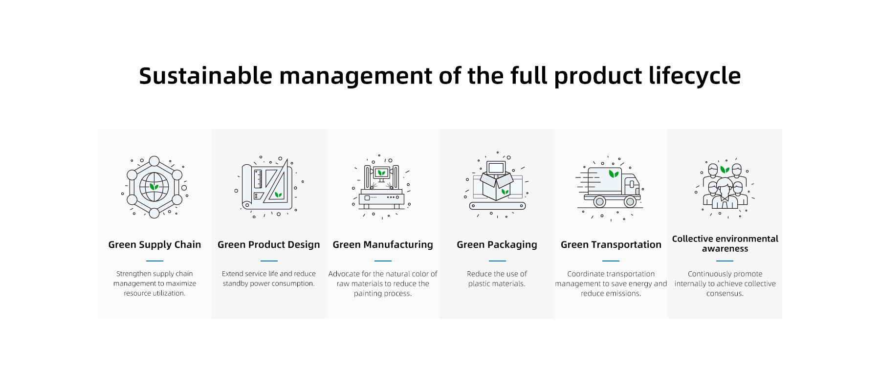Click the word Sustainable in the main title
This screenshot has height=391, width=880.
pos(205,76)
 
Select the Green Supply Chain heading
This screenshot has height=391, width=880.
pos(154,245)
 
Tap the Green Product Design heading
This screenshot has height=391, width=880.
pos(269,245)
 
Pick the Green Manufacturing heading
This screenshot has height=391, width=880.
pos(383,245)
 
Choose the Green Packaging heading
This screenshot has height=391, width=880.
pos(497,245)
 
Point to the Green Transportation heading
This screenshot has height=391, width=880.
pos(611,245)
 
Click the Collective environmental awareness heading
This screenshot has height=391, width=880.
pos(725,243)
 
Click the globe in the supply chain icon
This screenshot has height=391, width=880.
pos(154,187)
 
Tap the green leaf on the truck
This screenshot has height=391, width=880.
pos(614,174)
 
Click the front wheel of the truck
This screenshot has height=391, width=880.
pos(630,201)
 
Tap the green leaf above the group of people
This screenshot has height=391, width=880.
pos(725,170)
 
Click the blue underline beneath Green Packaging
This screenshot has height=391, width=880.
pos(497,261)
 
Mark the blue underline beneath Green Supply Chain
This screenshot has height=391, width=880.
pos(154,261)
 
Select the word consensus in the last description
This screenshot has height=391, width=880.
pos(724,294)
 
